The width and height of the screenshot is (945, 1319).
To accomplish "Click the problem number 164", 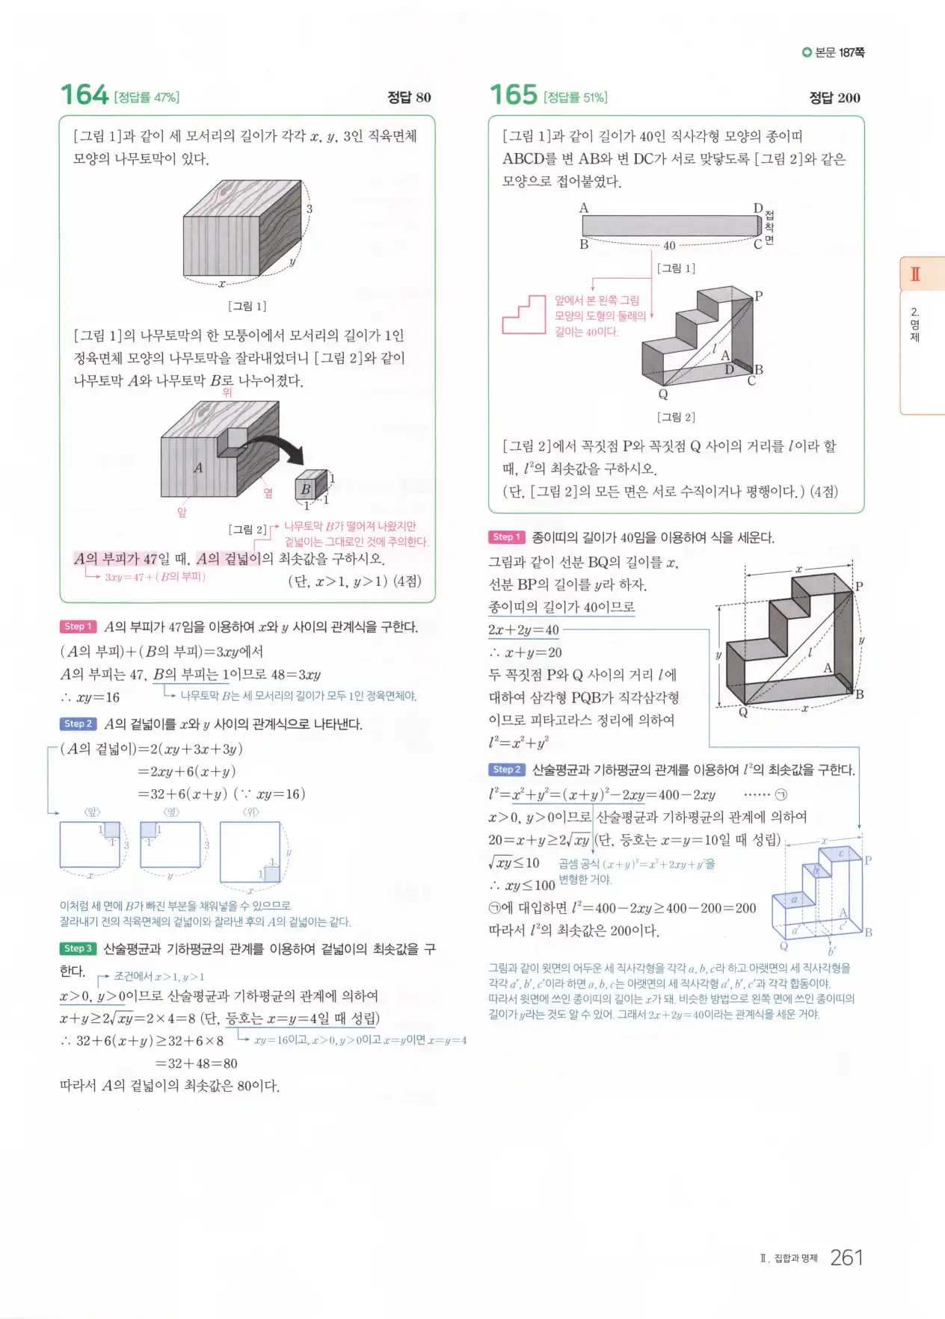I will coord(84,95).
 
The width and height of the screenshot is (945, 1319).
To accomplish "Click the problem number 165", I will coord(513,95).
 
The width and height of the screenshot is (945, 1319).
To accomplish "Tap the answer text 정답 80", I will coord(409,97).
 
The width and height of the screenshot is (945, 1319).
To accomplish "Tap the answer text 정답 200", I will coord(834,98).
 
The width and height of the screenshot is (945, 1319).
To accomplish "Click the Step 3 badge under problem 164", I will coord(78,948).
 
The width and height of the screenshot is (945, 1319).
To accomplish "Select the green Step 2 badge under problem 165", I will coord(507,769).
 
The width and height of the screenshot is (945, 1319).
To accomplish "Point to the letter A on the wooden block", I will coord(198,468).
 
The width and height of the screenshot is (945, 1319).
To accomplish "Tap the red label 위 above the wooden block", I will coord(227,392).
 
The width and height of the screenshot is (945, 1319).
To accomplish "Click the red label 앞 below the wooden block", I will coord(182,512).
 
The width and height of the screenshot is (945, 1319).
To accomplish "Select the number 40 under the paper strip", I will coord(669,245).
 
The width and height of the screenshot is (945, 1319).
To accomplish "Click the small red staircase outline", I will coord(523,315).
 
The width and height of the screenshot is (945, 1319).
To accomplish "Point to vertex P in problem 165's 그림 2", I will coord(758,296).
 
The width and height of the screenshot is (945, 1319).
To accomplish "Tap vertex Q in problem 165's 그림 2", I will coord(663,394).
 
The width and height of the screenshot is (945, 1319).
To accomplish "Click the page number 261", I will coord(846,1258).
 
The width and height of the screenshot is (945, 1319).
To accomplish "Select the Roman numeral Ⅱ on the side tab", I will coord(915,274).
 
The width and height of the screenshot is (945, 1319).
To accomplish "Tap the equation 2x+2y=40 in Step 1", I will coord(523,630).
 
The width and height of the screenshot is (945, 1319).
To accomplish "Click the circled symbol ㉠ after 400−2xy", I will coord(781,794).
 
